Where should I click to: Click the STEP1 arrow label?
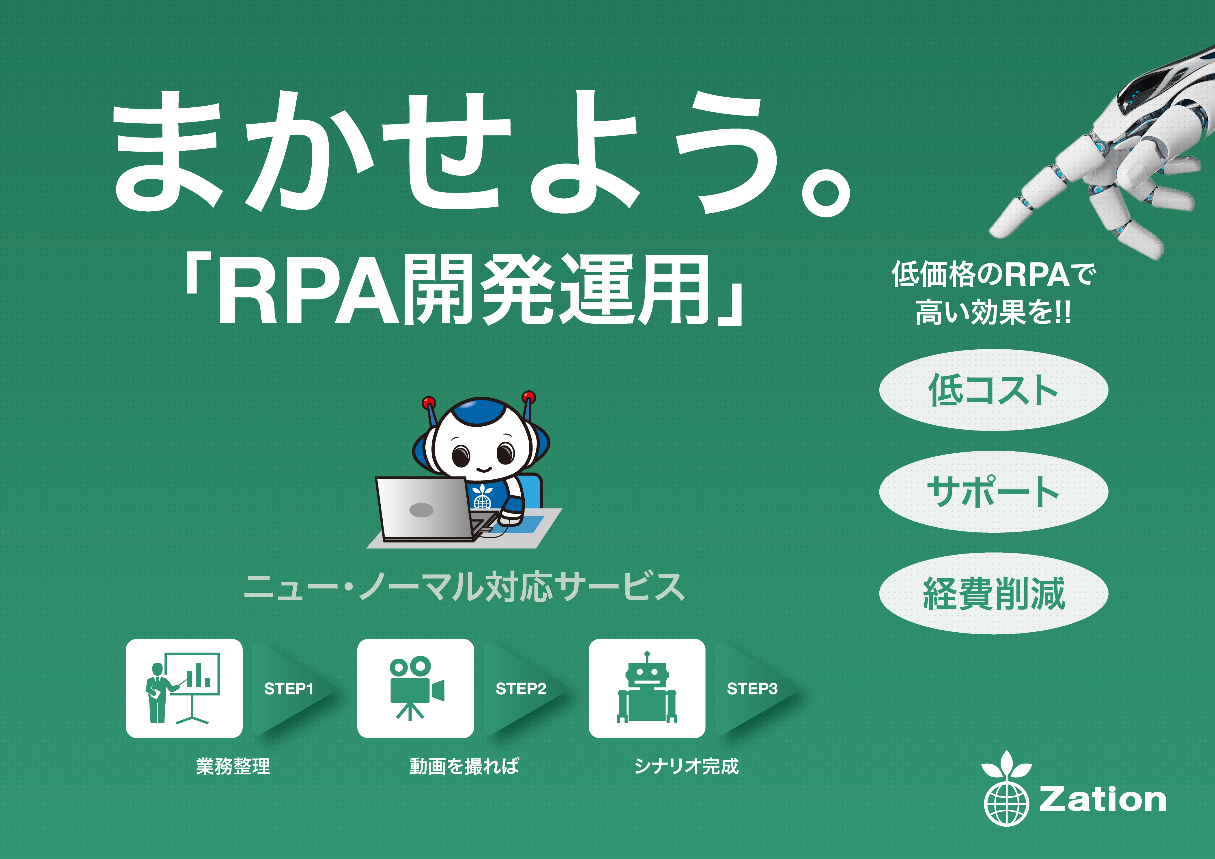[289, 688]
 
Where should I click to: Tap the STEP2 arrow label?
[521, 688]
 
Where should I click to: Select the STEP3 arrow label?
[752, 688]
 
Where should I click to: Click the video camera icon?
[416, 688]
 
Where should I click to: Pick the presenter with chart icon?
[183, 688]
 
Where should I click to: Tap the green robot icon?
[647, 687]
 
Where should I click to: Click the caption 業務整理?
[233, 766]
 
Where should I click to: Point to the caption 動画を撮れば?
[464, 766]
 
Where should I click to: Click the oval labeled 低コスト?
[993, 390]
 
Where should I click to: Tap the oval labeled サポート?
[993, 491]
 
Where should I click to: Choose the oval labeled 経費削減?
[993, 593]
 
